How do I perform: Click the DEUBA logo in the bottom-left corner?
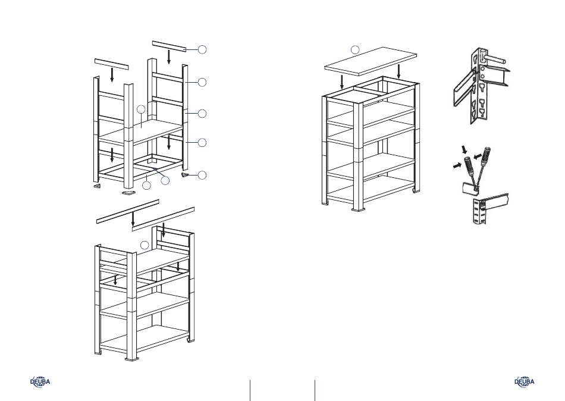pyautogui.click(x=40, y=381)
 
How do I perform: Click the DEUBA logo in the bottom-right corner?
pyautogui.click(x=525, y=381)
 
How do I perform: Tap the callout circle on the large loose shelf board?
pyautogui.click(x=355, y=50)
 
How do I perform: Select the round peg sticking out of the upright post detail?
pyautogui.click(x=495, y=59)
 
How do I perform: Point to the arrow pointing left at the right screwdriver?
pyautogui.click(x=477, y=156)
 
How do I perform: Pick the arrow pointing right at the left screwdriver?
pyautogui.click(x=457, y=165)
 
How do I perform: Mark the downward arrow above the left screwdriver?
pyautogui.click(x=465, y=149)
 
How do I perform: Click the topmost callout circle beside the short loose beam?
pyautogui.click(x=202, y=49)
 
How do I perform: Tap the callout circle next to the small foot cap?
pyautogui.click(x=202, y=176)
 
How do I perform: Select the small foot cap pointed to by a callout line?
pyautogui.click(x=185, y=175)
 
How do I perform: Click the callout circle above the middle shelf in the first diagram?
pyautogui.click(x=142, y=109)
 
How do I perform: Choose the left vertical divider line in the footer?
pyautogui.click(x=250, y=390)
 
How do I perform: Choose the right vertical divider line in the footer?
pyautogui.click(x=315, y=390)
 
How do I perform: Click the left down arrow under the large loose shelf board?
pyautogui.click(x=342, y=83)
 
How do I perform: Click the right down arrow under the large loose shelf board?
pyautogui.click(x=398, y=72)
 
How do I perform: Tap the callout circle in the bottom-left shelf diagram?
pyautogui.click(x=145, y=245)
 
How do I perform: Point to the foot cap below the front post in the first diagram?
pyautogui.click(x=128, y=193)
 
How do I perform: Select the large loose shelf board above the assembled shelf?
pyautogui.click(x=371, y=61)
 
